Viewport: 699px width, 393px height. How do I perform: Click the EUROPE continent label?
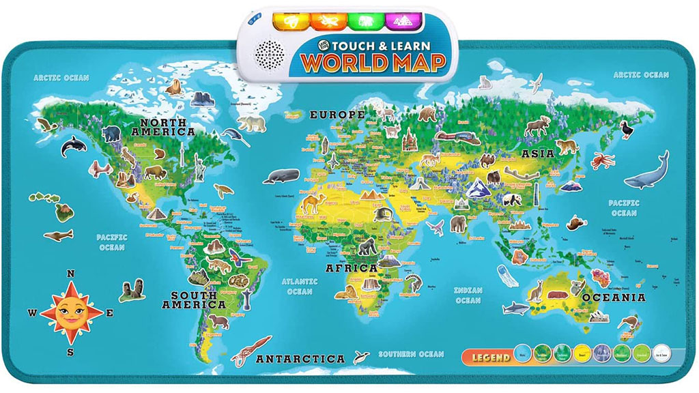(337, 115)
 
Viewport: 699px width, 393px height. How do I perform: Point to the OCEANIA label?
(614, 297)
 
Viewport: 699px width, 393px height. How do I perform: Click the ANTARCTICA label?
(300, 358)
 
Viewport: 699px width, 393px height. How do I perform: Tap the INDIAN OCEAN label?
(468, 295)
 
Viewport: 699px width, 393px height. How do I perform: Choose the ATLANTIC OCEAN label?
(300, 286)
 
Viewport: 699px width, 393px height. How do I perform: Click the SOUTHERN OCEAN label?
(411, 354)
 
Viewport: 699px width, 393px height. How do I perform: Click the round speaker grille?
(270, 53)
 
